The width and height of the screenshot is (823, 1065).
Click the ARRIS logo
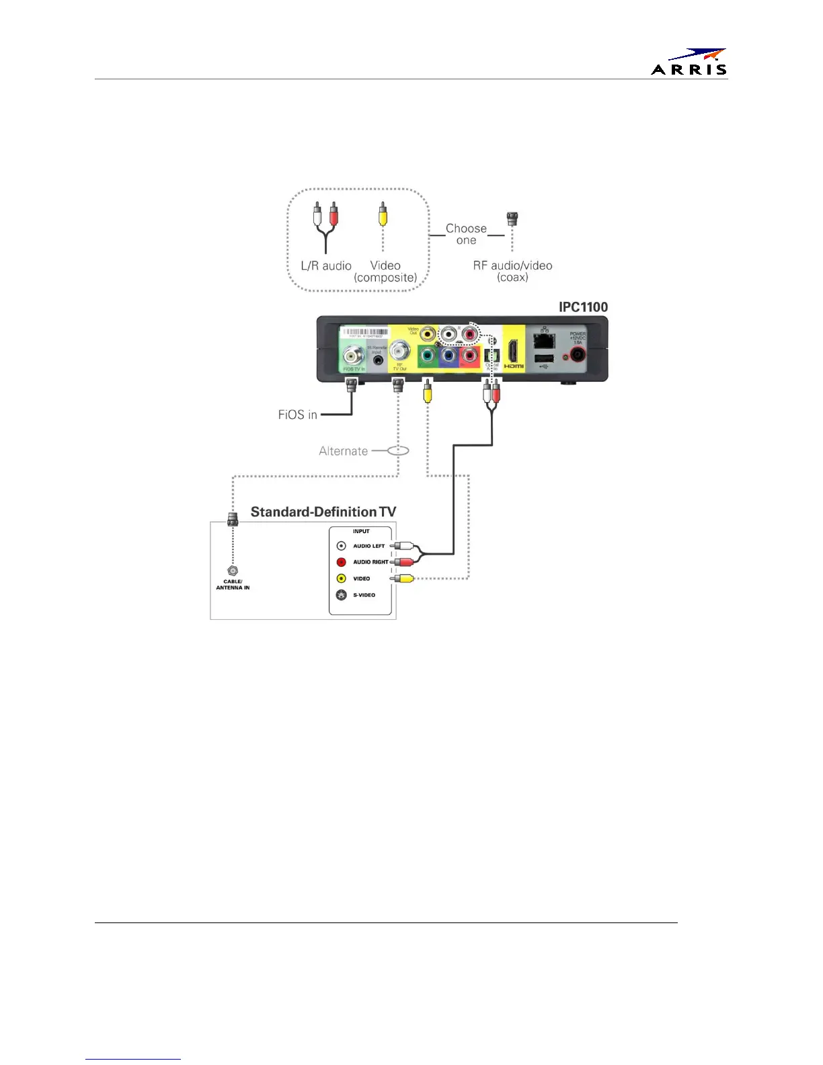coord(689,62)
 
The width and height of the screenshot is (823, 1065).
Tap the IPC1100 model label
coord(583,307)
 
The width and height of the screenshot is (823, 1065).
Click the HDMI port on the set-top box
coord(513,352)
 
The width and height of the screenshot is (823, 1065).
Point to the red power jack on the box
coord(578,354)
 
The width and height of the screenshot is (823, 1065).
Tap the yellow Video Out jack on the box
coord(427,333)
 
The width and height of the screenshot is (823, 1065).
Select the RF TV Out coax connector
coord(400,349)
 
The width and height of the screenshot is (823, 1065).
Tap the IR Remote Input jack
coord(379,360)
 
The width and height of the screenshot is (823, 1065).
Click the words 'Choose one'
coord(466,234)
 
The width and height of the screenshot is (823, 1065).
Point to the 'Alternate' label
coord(343,451)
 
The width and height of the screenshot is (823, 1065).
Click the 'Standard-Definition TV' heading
coord(323,512)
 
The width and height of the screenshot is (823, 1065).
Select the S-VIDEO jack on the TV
coord(342,595)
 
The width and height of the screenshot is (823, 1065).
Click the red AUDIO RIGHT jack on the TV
coord(342,562)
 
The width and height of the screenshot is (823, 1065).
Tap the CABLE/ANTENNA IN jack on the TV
coord(233,571)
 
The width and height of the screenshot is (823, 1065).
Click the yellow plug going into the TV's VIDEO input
coord(404,578)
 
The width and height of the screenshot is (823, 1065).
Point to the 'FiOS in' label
coord(297,415)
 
